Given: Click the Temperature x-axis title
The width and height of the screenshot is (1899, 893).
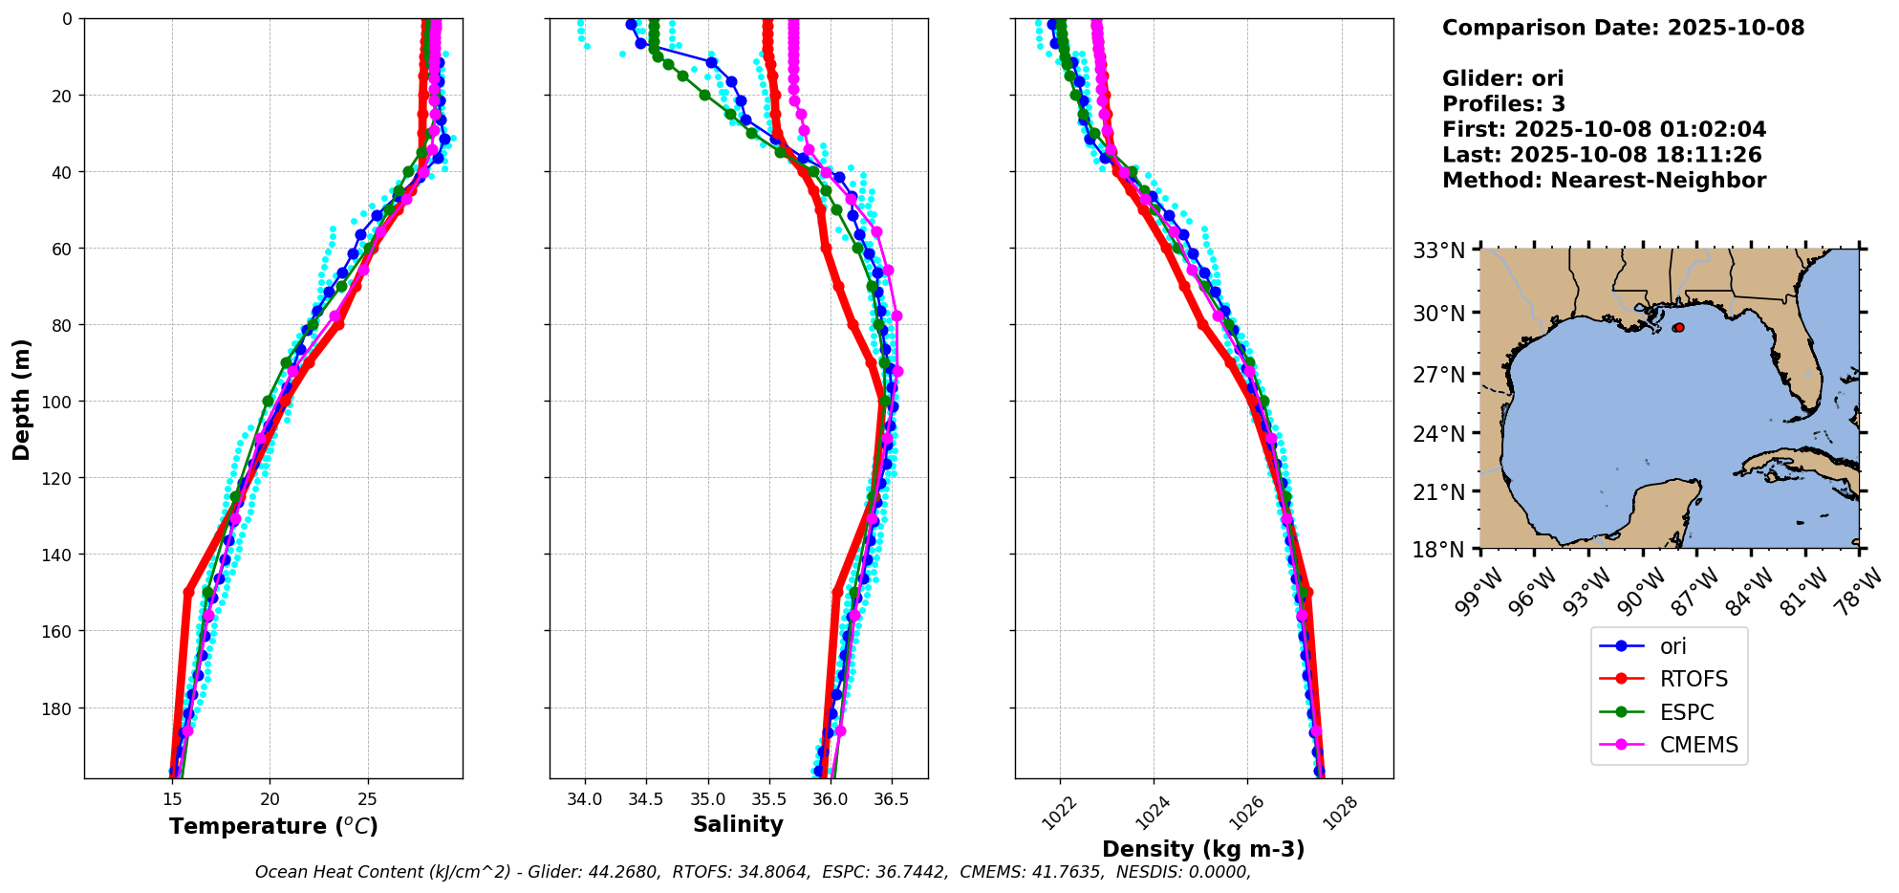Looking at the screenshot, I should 273,826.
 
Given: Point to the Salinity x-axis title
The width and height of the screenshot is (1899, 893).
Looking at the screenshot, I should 738,824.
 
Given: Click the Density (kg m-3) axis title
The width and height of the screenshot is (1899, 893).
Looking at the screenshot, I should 1203,849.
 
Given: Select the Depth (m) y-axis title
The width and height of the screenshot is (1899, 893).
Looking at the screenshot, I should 21,399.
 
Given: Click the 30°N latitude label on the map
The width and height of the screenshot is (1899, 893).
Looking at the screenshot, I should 1439,313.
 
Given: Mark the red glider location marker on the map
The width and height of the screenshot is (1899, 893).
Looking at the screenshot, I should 1678,328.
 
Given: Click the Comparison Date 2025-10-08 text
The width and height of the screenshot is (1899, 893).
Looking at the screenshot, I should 1623,28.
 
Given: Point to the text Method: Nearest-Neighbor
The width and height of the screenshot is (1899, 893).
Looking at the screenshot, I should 1604,181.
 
